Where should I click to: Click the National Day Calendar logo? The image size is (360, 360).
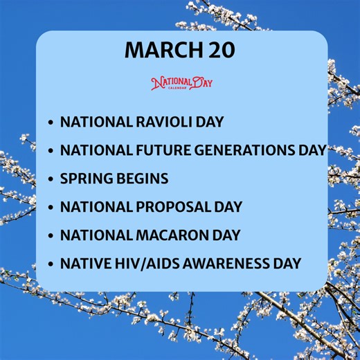(x=182, y=84)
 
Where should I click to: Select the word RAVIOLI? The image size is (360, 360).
(x=163, y=122)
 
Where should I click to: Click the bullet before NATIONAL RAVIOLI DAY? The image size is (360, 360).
(x=51, y=123)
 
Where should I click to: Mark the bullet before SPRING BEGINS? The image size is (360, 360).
(x=51, y=179)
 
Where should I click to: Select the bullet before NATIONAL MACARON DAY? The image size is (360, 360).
(x=51, y=235)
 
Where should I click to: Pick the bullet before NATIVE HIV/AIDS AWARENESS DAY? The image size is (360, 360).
(x=51, y=264)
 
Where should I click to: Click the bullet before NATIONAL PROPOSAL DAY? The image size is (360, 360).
(x=51, y=208)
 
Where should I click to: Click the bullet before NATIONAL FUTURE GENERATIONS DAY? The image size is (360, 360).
(x=51, y=151)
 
